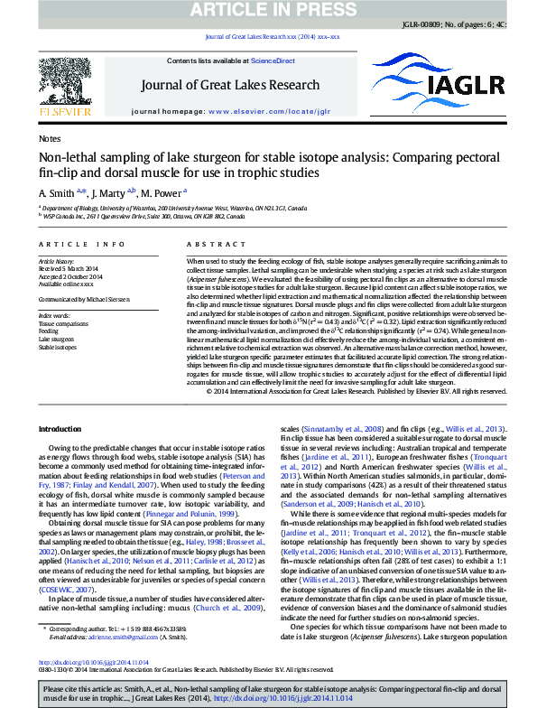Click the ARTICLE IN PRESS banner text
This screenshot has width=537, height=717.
[267, 10]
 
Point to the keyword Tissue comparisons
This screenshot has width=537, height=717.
[60, 322]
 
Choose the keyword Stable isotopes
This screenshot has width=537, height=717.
[56, 347]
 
